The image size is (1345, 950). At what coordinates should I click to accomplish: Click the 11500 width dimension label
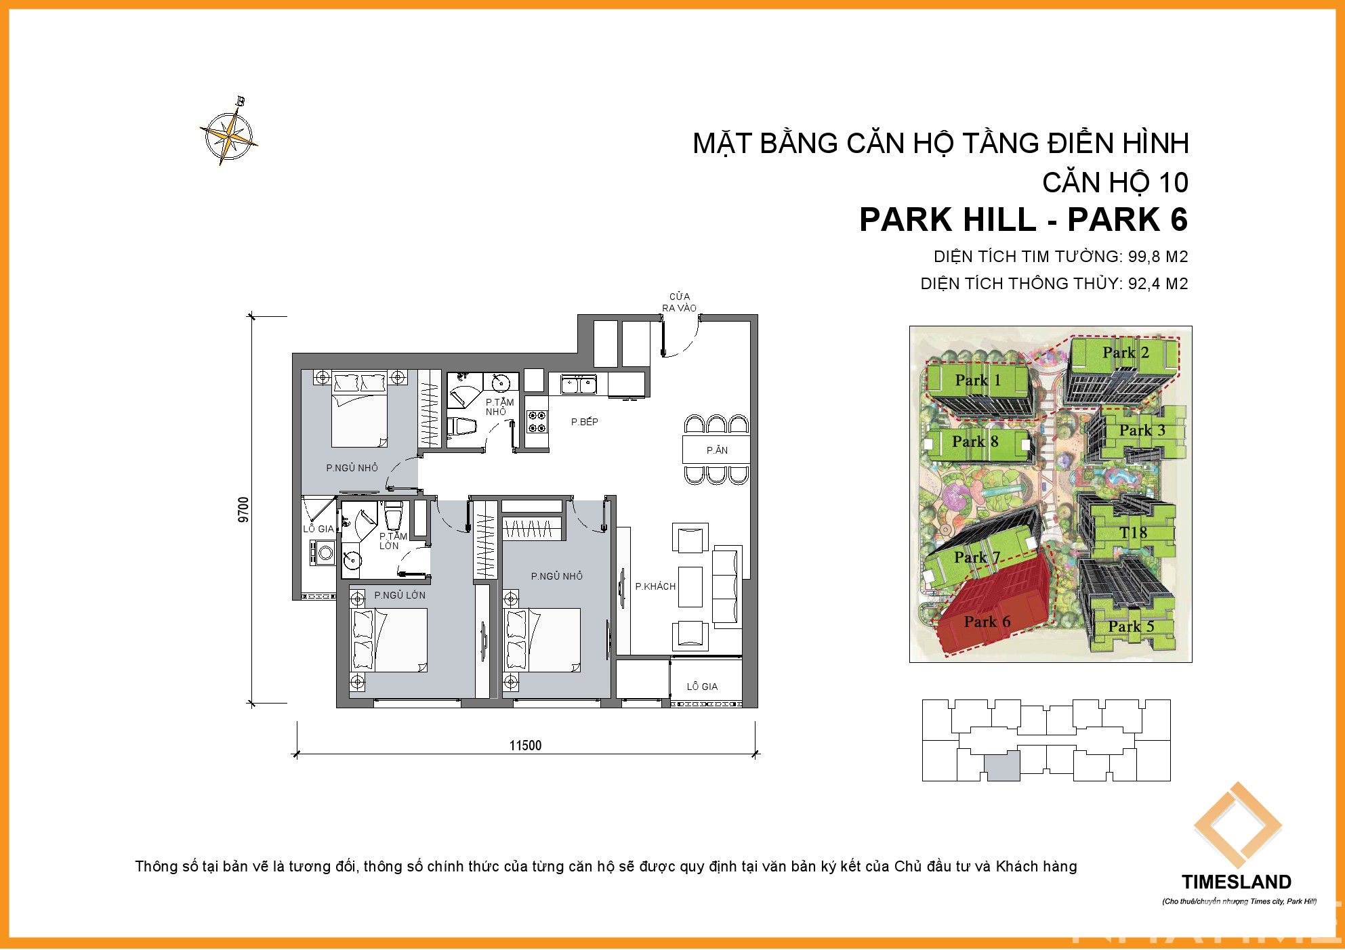[525, 746]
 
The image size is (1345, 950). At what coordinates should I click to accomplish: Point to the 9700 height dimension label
[244, 510]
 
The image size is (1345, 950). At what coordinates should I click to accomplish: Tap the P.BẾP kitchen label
[585, 422]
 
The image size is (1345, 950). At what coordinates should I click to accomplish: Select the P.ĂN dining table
[716, 450]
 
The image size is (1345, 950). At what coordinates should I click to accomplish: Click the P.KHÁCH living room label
[655, 586]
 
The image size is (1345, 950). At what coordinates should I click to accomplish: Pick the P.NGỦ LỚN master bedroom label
[400, 595]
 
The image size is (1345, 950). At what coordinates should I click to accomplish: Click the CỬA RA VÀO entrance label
[680, 302]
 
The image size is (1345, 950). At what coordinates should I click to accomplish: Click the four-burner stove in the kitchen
[538, 422]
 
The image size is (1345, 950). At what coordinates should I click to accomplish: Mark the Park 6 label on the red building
[987, 622]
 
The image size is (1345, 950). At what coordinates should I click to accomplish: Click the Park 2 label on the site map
[1125, 352]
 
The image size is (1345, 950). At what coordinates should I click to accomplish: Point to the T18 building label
[1133, 533]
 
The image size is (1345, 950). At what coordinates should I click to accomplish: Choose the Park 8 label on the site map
[975, 441]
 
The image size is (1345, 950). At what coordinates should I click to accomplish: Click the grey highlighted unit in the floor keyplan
[1002, 766]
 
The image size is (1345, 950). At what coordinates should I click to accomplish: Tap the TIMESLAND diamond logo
[1237, 825]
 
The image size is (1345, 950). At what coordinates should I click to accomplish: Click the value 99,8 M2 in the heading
[1158, 257]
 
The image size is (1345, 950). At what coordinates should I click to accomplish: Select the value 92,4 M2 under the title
[1158, 284]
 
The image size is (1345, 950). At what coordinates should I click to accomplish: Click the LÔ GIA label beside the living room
[702, 687]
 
